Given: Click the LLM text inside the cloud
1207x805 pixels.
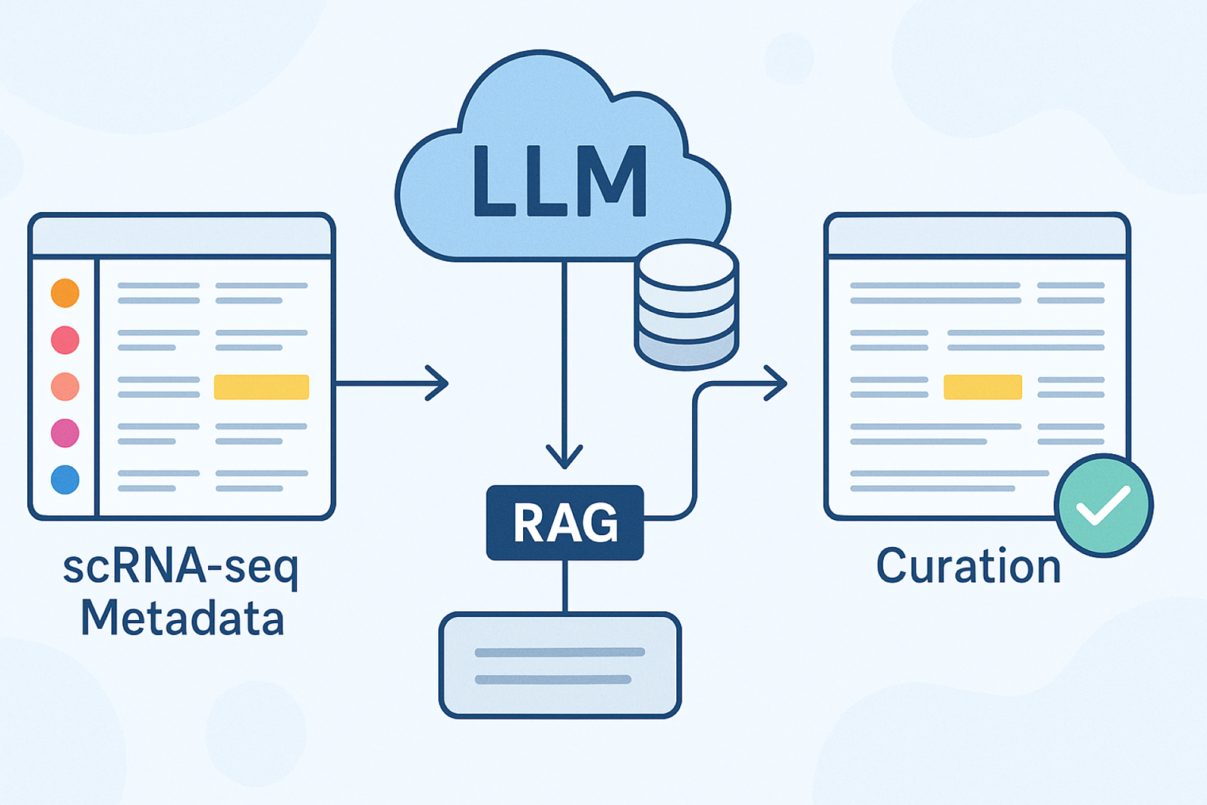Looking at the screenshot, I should pos(559,181).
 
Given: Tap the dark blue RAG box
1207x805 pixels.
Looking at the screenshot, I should pos(565,522).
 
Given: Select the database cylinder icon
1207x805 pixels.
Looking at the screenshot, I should pos(686,304).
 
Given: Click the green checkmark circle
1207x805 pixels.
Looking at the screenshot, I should pos(1103,505).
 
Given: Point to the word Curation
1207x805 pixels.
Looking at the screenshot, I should pos(968,566).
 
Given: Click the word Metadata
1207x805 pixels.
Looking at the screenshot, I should pos(182,618).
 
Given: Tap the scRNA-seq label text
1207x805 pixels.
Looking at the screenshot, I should pos(180,567).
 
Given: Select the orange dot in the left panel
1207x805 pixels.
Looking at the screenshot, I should pos(65,293).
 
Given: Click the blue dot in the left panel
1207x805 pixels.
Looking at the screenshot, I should pos(65,480).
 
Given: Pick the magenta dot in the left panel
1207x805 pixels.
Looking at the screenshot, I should pos(65,433).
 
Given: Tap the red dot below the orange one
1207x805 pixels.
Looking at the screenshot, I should pos(65,340).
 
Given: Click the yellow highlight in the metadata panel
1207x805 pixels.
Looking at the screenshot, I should pos(262,387).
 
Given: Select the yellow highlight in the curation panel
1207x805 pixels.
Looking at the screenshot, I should pos(982,387).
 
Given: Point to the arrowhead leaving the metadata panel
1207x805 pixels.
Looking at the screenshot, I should pos(439,383).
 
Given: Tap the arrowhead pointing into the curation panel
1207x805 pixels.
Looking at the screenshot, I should pos(777,383).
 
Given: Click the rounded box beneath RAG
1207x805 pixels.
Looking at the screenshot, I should pos(560,665).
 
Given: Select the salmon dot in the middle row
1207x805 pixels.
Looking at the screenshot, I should pos(65,386).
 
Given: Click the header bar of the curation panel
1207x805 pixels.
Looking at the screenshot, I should pos(977,236).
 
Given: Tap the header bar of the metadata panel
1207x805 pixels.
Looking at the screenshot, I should pos(181,236).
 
